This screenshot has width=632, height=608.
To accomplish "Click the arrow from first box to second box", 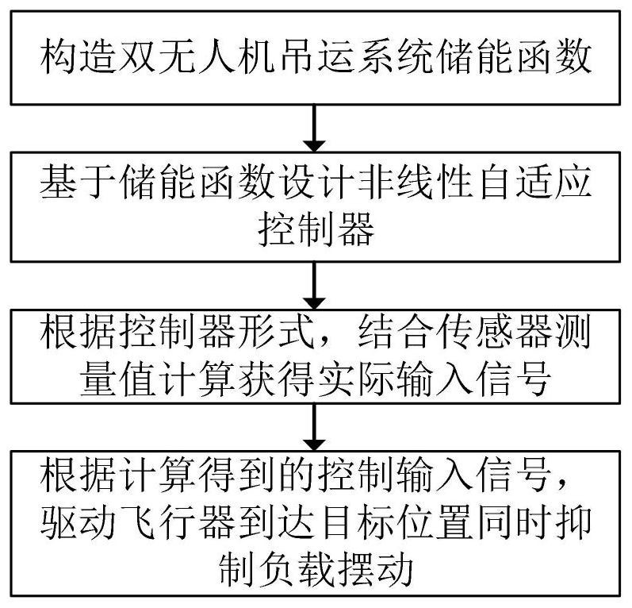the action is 314,129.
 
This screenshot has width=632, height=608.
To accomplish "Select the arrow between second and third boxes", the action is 314,286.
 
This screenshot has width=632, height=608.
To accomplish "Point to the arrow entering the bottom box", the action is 314,427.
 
